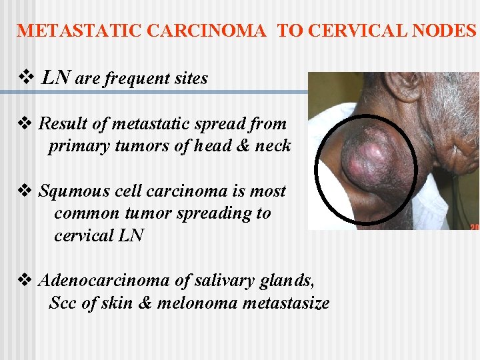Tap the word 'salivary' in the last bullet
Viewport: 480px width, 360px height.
coord(224,281)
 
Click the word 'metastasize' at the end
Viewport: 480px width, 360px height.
coord(286,304)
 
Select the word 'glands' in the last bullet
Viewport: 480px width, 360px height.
coord(287,281)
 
